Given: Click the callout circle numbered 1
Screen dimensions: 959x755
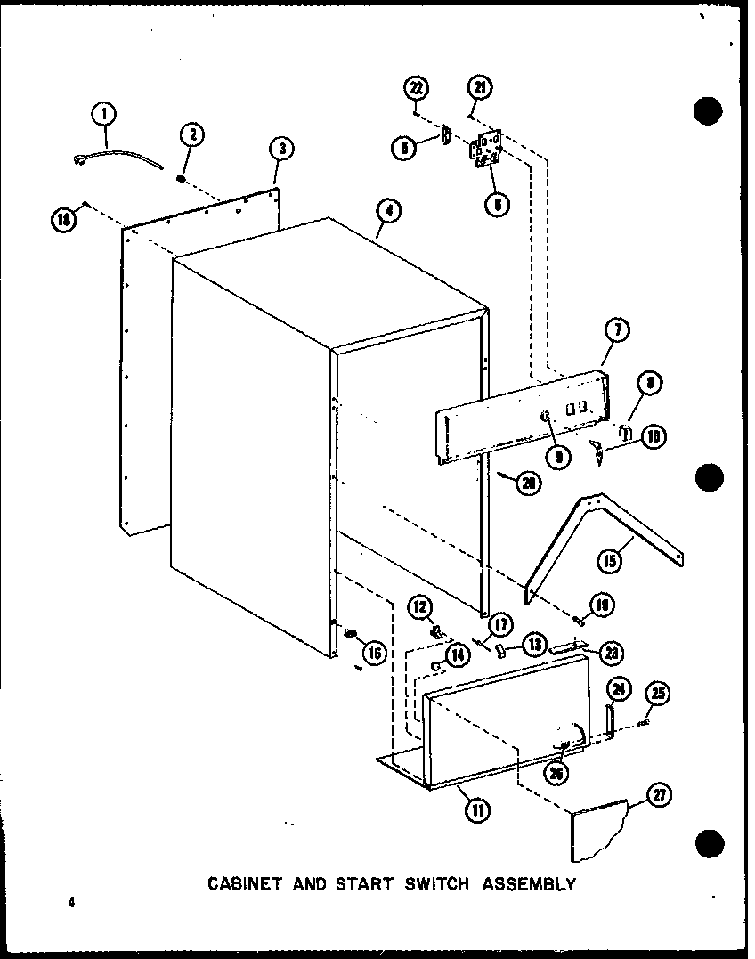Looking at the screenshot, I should pyautogui.click(x=104, y=113).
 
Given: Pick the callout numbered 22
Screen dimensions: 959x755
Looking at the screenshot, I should pyautogui.click(x=416, y=87).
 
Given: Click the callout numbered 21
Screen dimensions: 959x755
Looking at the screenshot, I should pyautogui.click(x=479, y=87).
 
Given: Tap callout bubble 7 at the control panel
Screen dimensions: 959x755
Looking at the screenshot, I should pyautogui.click(x=617, y=330).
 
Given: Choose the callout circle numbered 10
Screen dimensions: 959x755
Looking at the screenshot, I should pyautogui.click(x=655, y=436).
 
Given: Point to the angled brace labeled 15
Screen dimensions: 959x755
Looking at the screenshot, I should pyautogui.click(x=605, y=525).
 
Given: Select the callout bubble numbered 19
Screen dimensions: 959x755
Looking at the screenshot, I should pyautogui.click(x=605, y=606).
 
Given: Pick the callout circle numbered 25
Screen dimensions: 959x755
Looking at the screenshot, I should pyautogui.click(x=660, y=694).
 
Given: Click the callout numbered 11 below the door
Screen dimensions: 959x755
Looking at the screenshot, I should pyautogui.click(x=478, y=810).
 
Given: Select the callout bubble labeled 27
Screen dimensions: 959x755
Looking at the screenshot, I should pyautogui.click(x=660, y=795).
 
